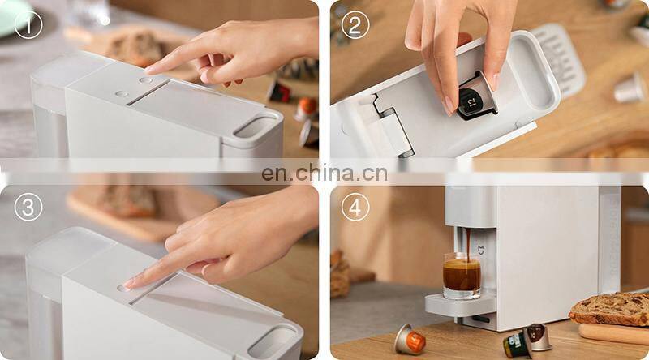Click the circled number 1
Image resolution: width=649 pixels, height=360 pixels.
[x=28, y=25]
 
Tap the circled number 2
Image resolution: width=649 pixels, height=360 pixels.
[x=355, y=25]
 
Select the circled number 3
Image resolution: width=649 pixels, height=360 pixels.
[x=28, y=207]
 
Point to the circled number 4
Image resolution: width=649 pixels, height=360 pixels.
[x=355, y=207]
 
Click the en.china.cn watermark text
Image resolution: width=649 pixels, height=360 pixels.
[x=324, y=174]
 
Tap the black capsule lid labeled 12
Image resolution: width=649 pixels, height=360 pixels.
[x=472, y=101]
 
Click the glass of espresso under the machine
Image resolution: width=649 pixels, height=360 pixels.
[x=462, y=276]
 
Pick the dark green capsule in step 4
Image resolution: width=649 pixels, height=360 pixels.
[x=518, y=344]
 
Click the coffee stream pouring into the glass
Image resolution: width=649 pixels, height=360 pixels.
[x=468, y=244]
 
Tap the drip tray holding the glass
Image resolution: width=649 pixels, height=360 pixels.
[x=460, y=304]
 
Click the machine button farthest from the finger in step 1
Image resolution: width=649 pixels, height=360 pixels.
[x=122, y=94]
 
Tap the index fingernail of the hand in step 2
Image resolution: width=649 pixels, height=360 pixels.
[x=449, y=106]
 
